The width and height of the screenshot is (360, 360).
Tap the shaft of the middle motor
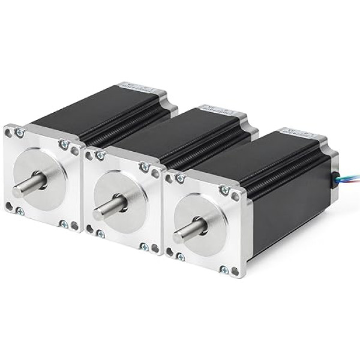108,208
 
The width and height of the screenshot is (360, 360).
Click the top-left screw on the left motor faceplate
20,133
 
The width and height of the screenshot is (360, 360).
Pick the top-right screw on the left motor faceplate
63,144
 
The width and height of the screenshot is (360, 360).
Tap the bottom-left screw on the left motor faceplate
19,211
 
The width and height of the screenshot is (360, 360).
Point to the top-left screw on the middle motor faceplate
100,155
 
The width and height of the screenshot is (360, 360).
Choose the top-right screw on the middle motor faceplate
144,167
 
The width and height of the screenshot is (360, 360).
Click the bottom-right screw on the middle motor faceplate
144,246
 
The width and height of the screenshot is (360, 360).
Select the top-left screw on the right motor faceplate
179,178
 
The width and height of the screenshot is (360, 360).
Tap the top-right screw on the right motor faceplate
224,190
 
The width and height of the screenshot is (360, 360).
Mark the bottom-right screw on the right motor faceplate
224,270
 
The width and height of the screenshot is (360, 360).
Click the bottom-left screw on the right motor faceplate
180,257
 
